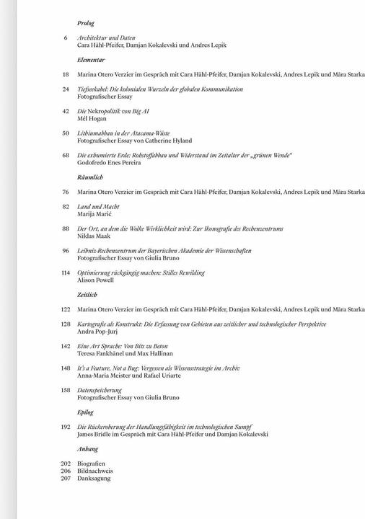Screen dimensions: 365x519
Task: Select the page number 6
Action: click(66, 37)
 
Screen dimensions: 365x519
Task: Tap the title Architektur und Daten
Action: click(107, 37)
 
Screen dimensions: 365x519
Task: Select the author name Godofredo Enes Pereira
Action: click(110, 163)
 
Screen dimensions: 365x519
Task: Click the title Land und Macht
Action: click(98, 207)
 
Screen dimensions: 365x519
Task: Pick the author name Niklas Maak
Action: click(94, 236)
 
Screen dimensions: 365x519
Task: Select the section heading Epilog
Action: click(85, 412)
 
